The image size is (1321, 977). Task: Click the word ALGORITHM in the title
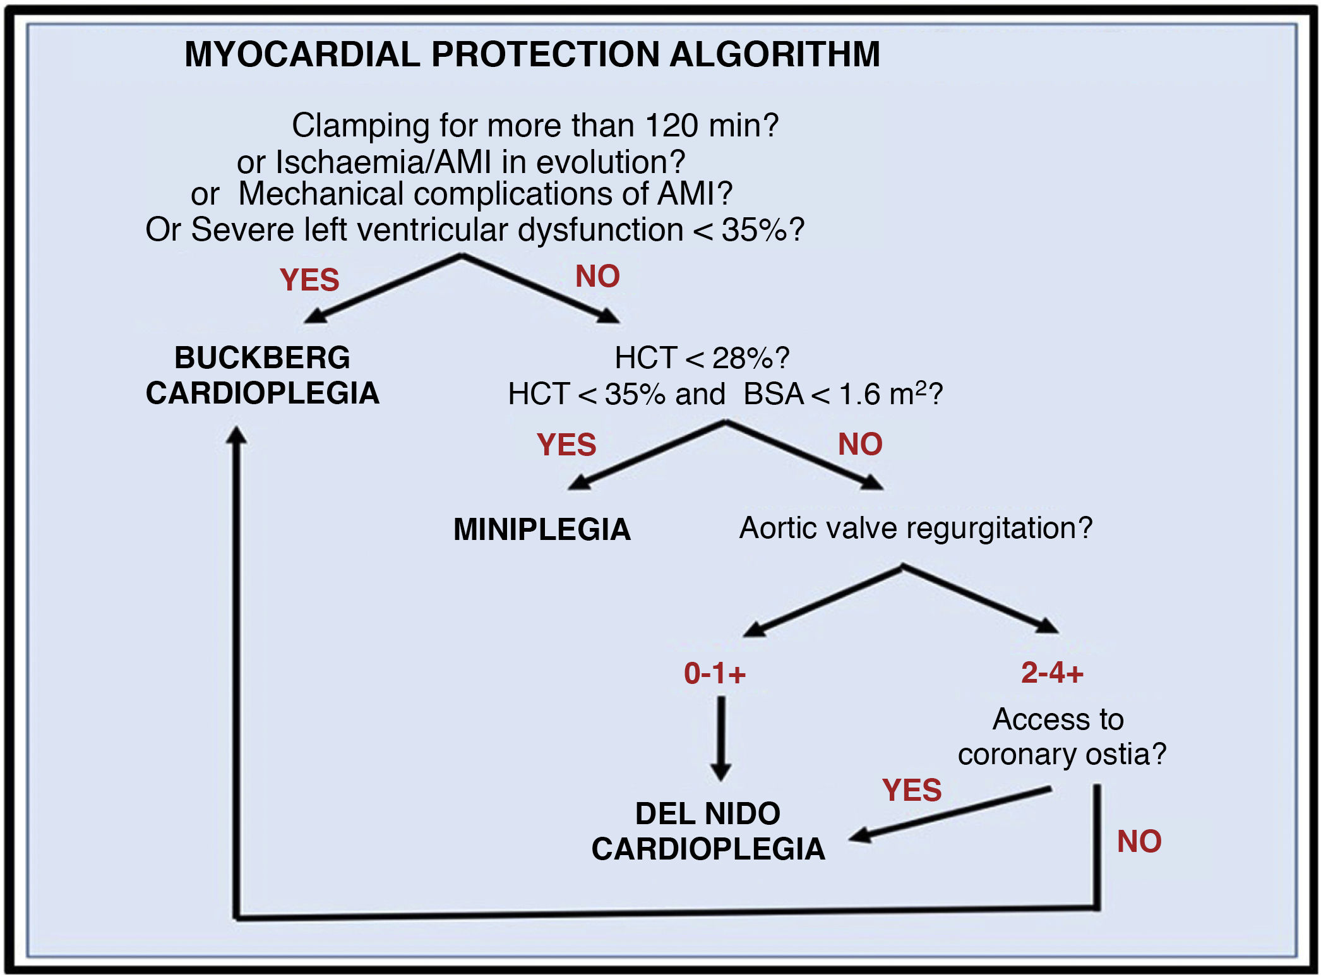[x=774, y=54]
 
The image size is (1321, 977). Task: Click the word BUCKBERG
[x=262, y=357]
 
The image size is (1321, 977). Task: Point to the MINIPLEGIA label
[x=542, y=529]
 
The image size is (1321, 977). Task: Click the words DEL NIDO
[x=708, y=813]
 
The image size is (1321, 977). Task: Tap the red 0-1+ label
[x=715, y=673]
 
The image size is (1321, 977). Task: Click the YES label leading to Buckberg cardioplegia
[x=309, y=280]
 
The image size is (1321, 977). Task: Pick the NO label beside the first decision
[x=597, y=276]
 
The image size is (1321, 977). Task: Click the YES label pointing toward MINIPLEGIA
[x=566, y=444]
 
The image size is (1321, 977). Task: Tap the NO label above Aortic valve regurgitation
[x=860, y=443]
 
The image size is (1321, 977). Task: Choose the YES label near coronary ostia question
[x=912, y=789]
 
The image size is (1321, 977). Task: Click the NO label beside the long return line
[x=1139, y=841]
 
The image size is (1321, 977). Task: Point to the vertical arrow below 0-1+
[x=720, y=738]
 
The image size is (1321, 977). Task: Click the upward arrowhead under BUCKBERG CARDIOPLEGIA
[x=236, y=436]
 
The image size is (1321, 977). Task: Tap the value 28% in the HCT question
[x=743, y=358]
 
